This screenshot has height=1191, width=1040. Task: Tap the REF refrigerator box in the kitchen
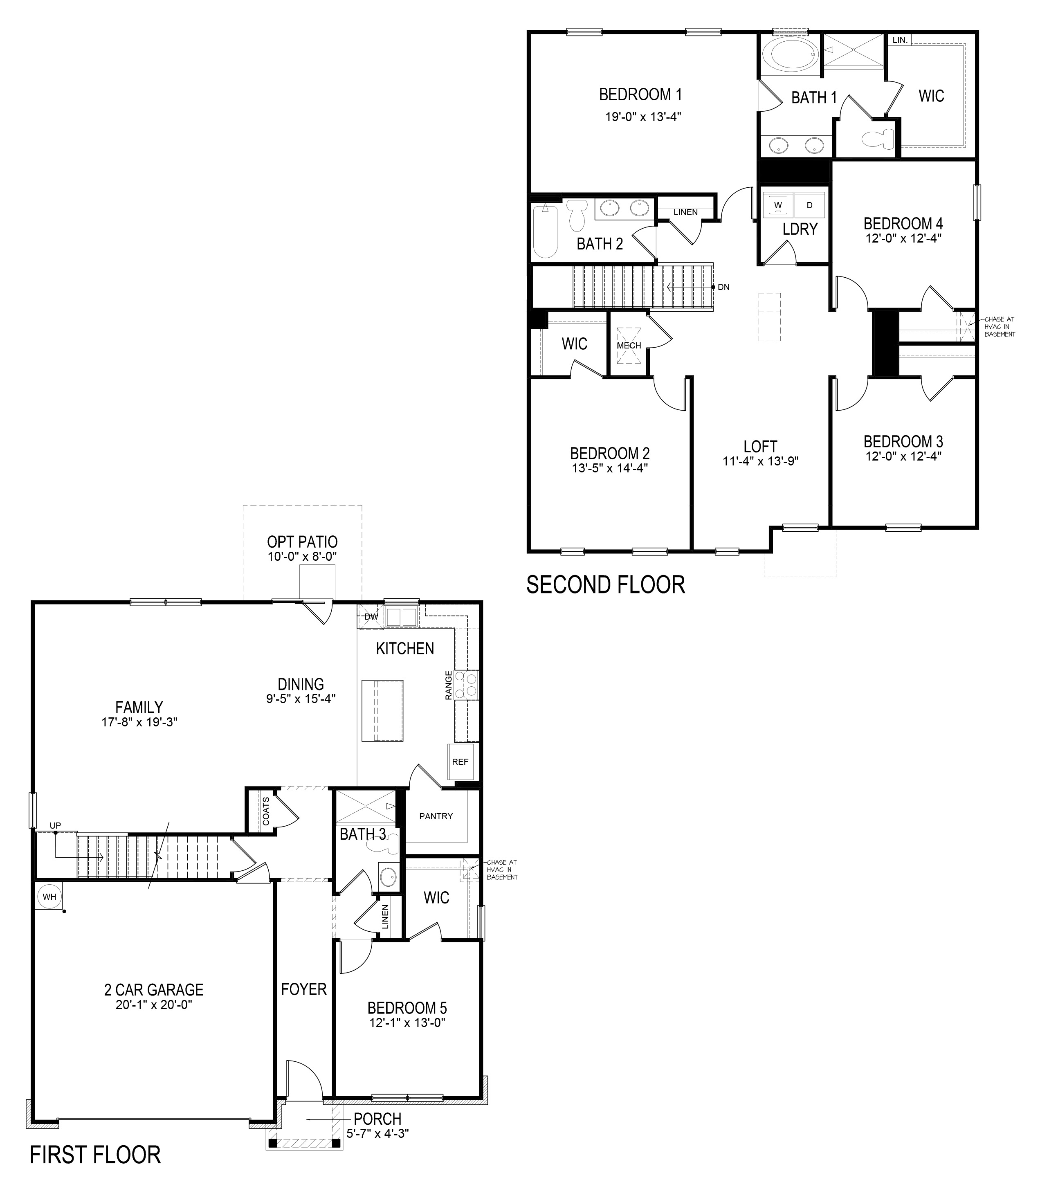click(460, 762)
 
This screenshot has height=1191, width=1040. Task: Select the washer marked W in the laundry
click(778, 205)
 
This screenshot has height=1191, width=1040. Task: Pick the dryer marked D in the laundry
click(810, 205)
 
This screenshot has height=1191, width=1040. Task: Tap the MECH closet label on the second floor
click(629, 345)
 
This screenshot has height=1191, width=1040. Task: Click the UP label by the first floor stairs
click(55, 825)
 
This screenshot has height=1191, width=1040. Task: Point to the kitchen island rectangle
click(382, 710)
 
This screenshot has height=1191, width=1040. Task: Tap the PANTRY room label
click(436, 816)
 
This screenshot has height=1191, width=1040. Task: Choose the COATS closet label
click(266, 811)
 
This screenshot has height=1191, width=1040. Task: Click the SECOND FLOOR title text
click(605, 584)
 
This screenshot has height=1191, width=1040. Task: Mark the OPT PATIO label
click(302, 542)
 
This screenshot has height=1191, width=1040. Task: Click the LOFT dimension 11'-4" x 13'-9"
click(760, 461)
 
